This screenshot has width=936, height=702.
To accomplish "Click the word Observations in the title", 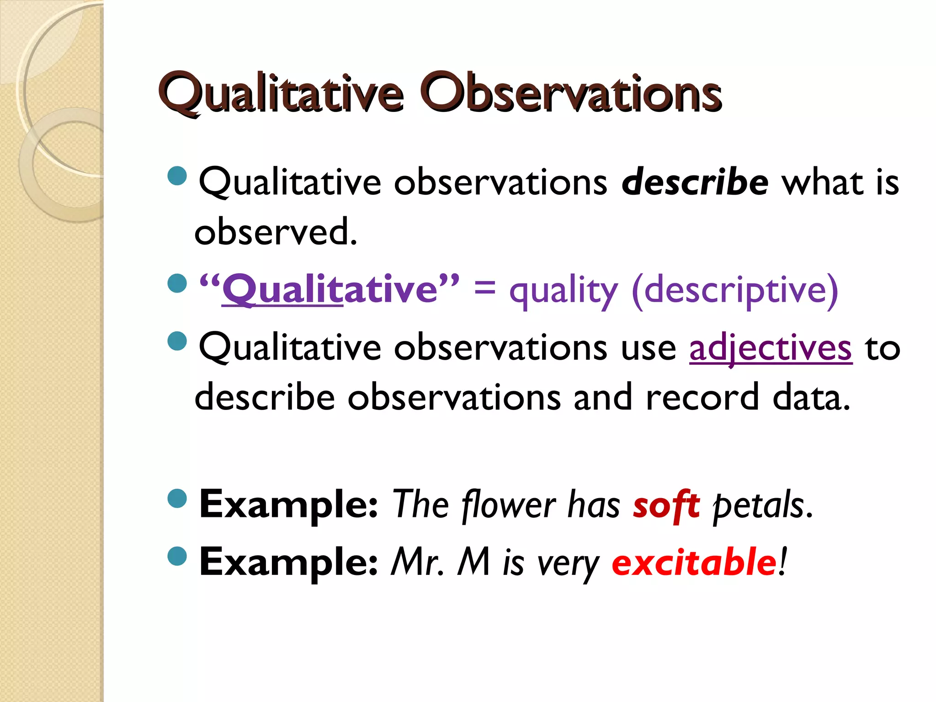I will click(x=570, y=94).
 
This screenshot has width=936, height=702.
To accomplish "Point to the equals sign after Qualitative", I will click(x=484, y=288).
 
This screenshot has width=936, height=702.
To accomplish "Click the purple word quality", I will click(x=563, y=292).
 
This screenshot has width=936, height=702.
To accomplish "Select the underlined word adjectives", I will click(x=771, y=349).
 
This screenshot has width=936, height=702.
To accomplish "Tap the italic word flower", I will click(x=508, y=505).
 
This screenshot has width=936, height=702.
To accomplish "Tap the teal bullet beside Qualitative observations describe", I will click(x=177, y=176).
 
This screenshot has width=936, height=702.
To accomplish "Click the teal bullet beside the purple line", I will click(x=177, y=283).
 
